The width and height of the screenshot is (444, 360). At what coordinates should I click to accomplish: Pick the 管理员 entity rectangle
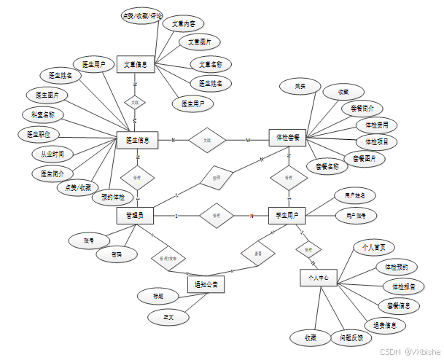(135, 215)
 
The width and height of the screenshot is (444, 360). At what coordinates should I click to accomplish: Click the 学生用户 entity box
(287, 216)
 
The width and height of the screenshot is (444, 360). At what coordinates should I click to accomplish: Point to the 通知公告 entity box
(205, 283)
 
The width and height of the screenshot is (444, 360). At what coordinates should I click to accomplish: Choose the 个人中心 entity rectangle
(319, 278)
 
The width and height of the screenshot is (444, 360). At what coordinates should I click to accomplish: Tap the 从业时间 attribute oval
(52, 154)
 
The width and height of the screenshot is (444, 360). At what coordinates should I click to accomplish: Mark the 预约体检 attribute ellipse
(113, 197)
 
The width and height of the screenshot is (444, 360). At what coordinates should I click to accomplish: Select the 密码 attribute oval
(117, 254)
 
